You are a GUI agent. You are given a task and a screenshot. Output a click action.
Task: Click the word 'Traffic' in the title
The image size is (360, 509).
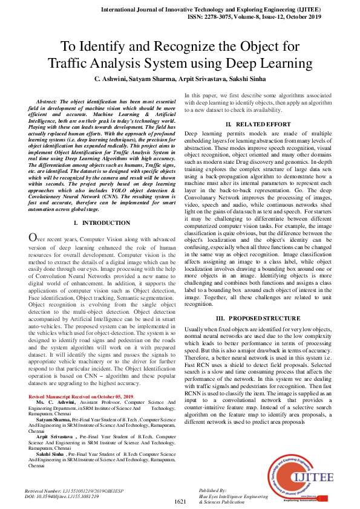[x=68, y=63]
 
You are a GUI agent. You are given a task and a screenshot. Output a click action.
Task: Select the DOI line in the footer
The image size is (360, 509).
[x=61, y=496]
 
